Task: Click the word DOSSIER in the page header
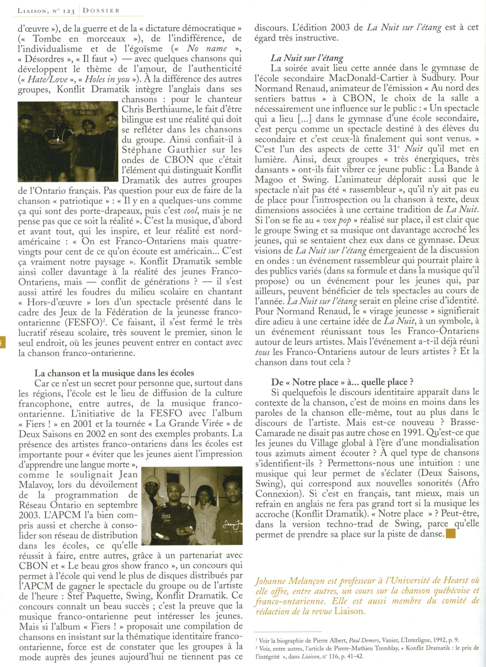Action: [101, 11]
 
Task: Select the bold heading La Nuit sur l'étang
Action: [307, 58]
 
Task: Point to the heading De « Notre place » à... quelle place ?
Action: [342, 382]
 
